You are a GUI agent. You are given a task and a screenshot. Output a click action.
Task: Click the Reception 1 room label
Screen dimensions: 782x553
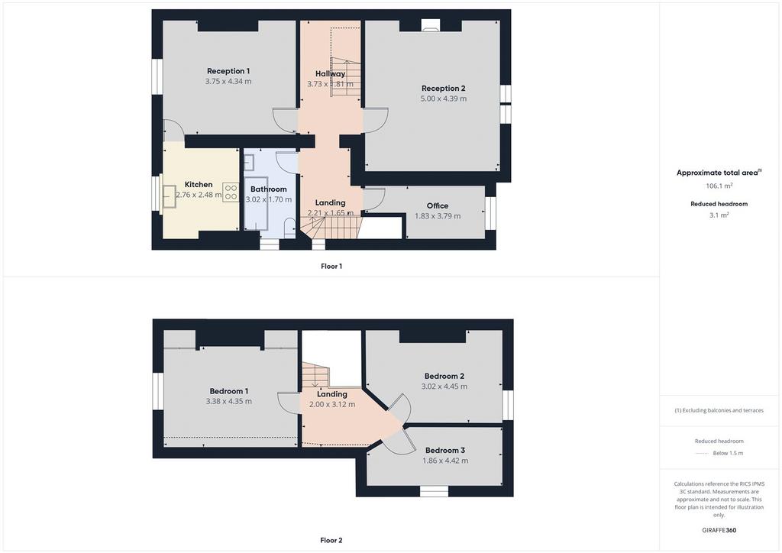click(228, 71)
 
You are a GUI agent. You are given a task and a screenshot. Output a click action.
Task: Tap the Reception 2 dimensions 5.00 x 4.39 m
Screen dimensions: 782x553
click(444, 99)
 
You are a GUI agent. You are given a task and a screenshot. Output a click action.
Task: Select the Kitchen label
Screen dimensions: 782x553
click(199, 185)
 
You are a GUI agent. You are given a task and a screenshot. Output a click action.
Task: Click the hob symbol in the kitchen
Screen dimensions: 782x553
click(231, 192)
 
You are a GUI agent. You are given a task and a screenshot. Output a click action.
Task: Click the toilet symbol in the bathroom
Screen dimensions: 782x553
click(289, 228)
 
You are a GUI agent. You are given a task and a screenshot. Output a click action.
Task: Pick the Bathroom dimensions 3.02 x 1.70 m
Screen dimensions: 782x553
click(269, 199)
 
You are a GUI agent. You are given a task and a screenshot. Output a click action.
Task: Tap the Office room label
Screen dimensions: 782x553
click(438, 206)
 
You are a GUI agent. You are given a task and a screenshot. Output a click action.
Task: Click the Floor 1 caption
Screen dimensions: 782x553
click(331, 267)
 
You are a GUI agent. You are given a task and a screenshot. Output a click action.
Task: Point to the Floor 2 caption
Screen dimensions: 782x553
click(331, 540)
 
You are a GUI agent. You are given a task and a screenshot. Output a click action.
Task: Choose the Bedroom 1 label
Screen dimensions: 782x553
click(229, 391)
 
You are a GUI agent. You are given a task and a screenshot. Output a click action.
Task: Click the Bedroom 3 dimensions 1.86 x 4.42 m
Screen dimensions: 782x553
click(445, 461)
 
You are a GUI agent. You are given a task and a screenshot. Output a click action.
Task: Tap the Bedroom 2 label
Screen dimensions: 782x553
click(444, 377)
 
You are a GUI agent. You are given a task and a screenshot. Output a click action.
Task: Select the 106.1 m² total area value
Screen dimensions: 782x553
click(719, 186)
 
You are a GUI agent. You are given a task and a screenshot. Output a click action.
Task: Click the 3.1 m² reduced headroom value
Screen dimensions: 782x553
click(719, 215)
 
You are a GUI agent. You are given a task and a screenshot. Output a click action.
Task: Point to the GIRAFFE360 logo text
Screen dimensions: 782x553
click(719, 530)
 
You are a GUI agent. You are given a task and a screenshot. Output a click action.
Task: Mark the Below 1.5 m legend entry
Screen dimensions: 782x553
click(728, 453)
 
